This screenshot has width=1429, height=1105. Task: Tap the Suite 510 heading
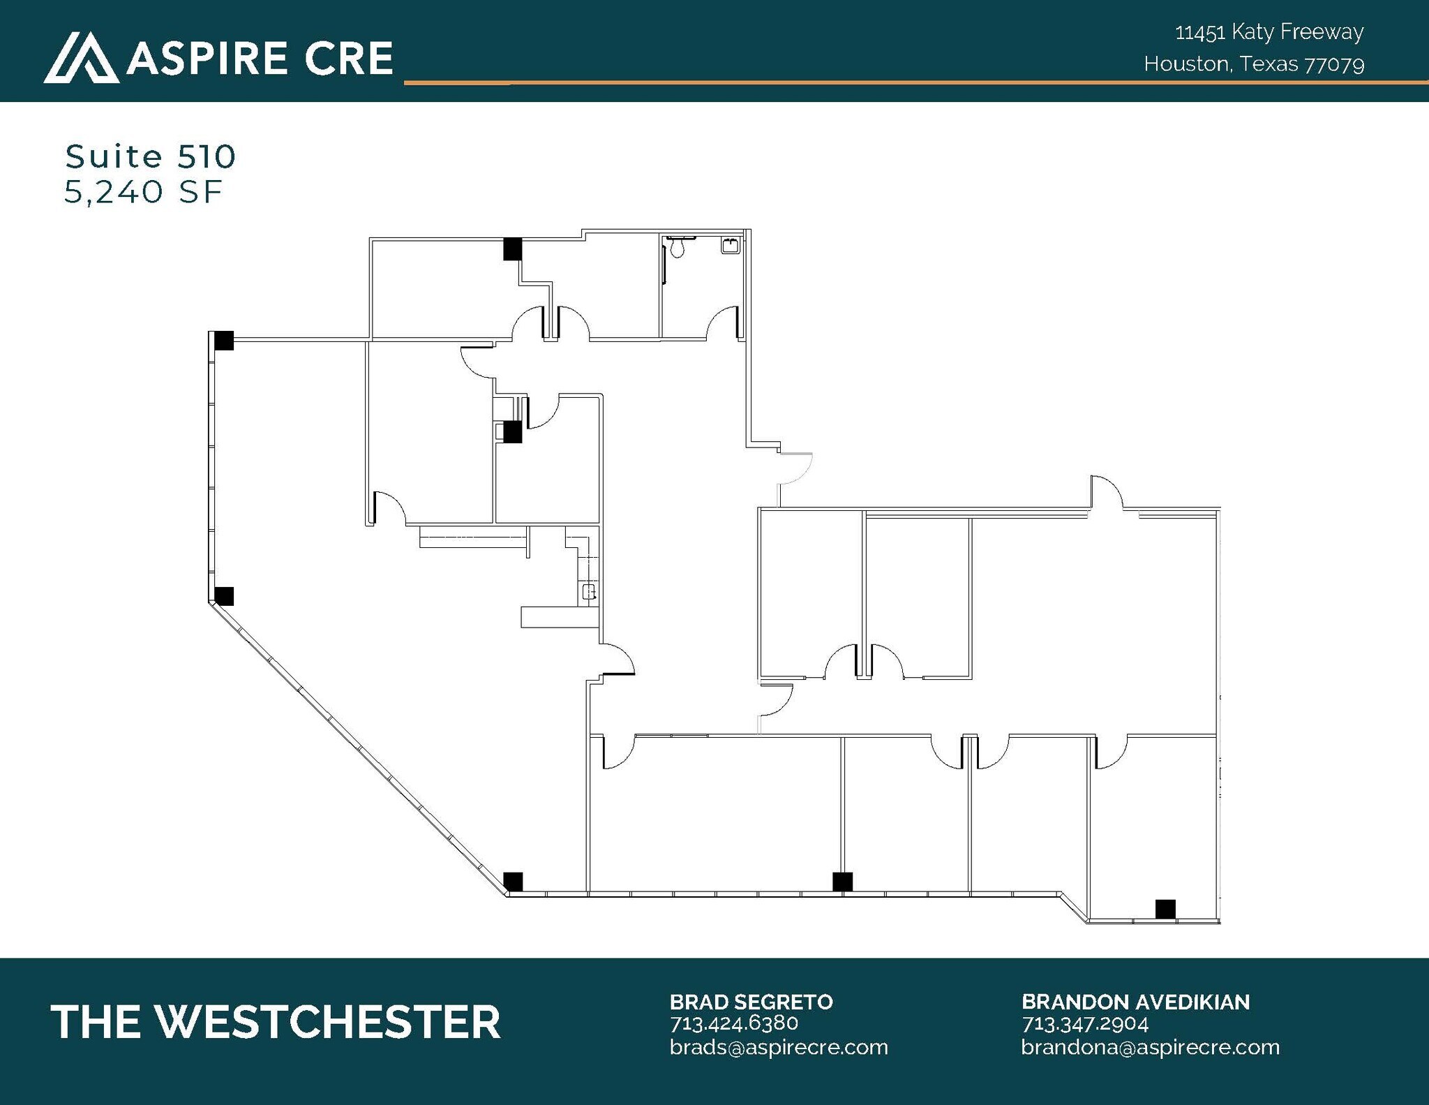pyautogui.click(x=151, y=156)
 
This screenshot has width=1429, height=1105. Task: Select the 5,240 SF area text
pyautogui.click(x=143, y=192)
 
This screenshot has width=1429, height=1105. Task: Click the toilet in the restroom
pyautogui.click(x=678, y=246)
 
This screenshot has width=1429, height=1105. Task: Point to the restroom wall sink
pyautogui.click(x=731, y=246)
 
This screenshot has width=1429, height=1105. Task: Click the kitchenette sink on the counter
pyautogui.click(x=590, y=592)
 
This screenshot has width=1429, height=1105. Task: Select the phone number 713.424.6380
pyautogui.click(x=733, y=1023)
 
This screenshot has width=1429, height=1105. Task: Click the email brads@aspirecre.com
pyautogui.click(x=779, y=1047)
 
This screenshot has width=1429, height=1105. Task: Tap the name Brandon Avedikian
pyautogui.click(x=1135, y=1002)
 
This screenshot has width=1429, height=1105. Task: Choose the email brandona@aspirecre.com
pyautogui.click(x=1150, y=1047)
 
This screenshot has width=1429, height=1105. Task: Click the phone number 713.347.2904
pyautogui.click(x=1085, y=1023)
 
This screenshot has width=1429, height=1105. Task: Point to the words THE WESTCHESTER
pyautogui.click(x=276, y=1022)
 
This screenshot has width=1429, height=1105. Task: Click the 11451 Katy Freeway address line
pyautogui.click(x=1269, y=32)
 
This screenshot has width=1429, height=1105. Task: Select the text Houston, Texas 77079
pyautogui.click(x=1254, y=64)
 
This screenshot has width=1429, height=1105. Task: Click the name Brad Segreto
pyautogui.click(x=751, y=1002)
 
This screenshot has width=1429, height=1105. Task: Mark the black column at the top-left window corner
pyautogui.click(x=223, y=340)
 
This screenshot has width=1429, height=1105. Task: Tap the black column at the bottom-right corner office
pyautogui.click(x=1165, y=909)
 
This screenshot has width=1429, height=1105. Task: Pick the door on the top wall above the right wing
pyautogui.click(x=1107, y=492)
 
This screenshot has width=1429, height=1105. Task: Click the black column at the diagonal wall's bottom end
pyautogui.click(x=513, y=881)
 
